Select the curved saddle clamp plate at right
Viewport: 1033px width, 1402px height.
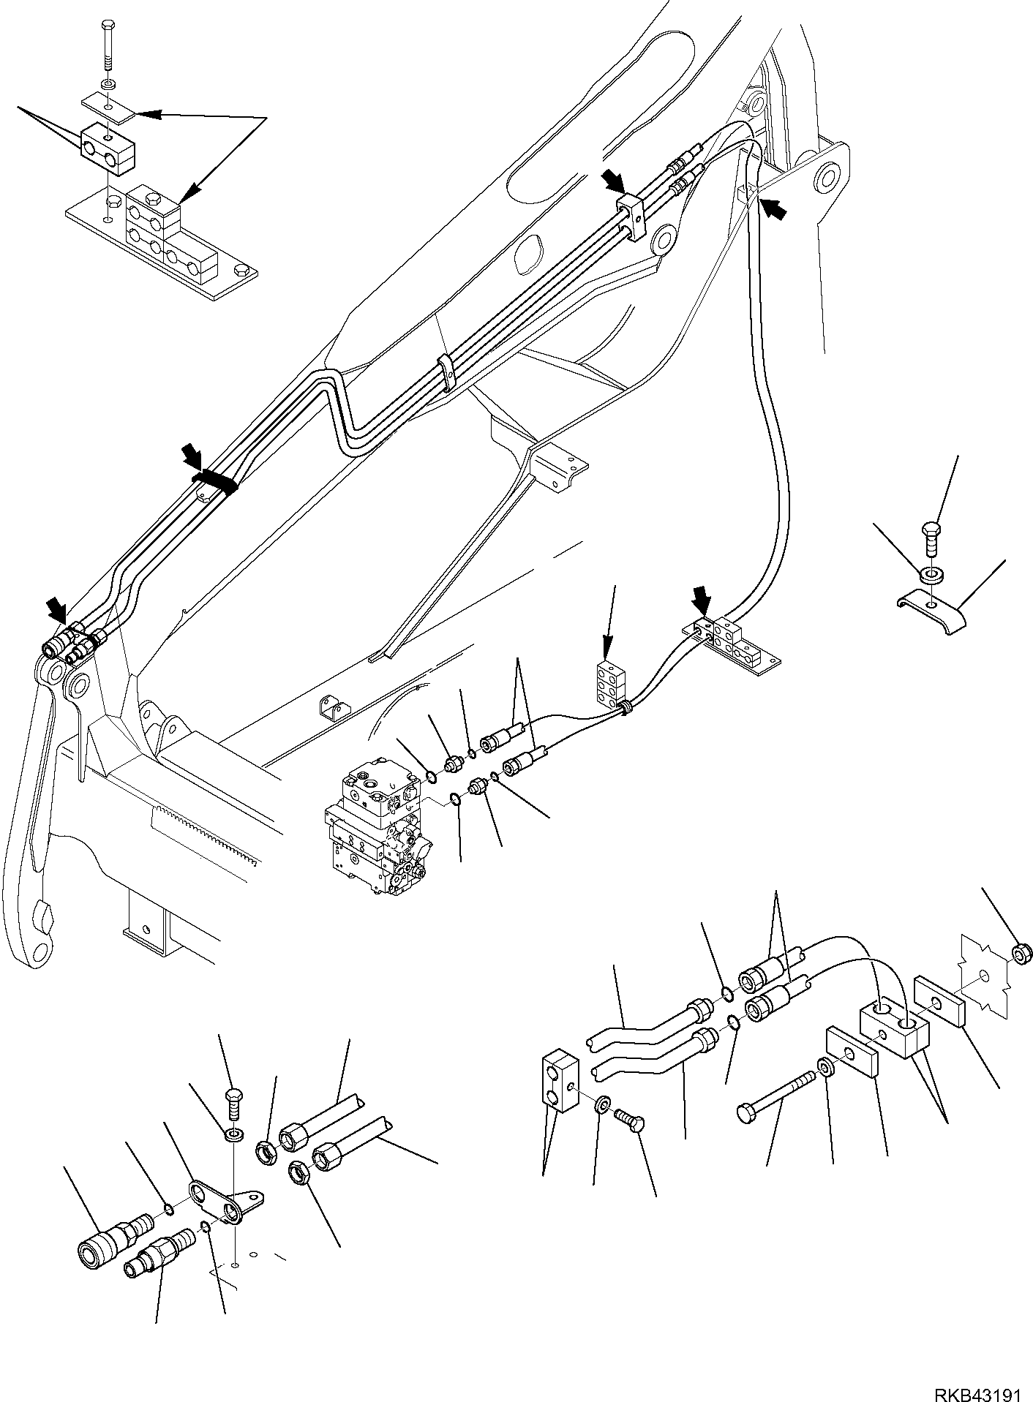click(931, 614)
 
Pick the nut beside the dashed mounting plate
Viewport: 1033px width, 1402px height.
click(1022, 951)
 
